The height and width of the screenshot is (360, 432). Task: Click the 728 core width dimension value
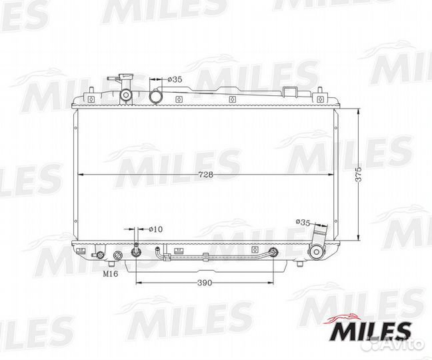tap(206, 175)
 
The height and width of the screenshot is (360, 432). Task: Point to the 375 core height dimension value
tap(358, 174)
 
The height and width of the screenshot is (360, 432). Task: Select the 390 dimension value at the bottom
tap(205, 283)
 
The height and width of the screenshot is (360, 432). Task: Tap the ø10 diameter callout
tap(155, 229)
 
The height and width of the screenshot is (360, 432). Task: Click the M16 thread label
tap(111, 274)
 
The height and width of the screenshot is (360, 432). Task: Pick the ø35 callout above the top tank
tap(175, 79)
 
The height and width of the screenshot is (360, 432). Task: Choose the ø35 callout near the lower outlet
tap(303, 222)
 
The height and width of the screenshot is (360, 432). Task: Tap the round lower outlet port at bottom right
tap(316, 252)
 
